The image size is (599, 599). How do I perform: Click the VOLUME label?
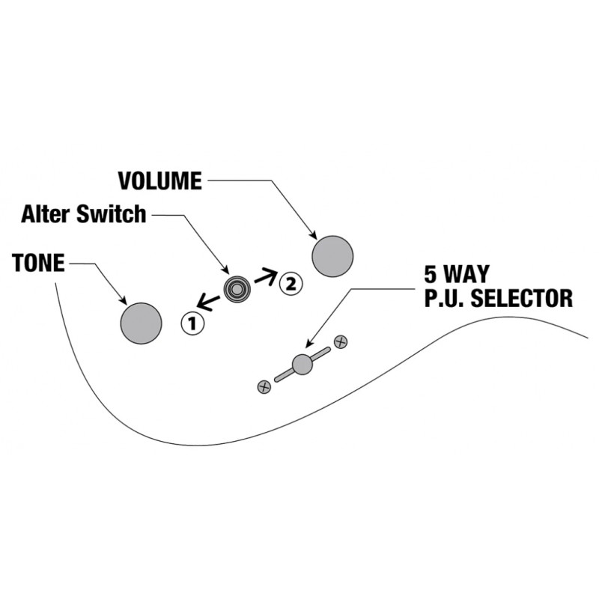[160, 180]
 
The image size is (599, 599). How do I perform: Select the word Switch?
[111, 214]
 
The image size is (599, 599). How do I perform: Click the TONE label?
[38, 263]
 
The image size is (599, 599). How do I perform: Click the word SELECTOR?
[521, 298]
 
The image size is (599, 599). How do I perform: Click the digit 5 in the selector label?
[431, 273]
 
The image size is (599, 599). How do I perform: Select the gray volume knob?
[332, 256]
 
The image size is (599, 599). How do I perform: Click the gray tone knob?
[141, 323]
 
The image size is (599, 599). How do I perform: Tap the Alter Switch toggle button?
[237, 290]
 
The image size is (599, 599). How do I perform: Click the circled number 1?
[192, 324]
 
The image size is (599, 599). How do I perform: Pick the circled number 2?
[291, 284]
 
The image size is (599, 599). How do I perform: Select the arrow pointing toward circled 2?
[265, 276]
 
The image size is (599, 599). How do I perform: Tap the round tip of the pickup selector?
[302, 365]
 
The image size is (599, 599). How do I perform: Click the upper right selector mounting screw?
[341, 342]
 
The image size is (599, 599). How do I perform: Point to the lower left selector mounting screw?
[264, 387]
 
